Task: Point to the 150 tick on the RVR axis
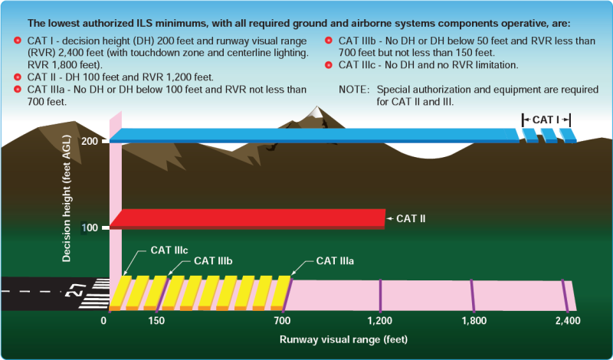point(156,320)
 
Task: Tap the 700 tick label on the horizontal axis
point(282,320)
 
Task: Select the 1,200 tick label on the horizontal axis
point(381,320)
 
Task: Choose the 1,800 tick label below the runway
point(474,320)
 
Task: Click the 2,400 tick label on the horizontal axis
point(567,320)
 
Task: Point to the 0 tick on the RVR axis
point(103,320)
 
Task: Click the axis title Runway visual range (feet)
point(343,339)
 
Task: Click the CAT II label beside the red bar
point(411,218)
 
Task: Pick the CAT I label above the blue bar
point(546,119)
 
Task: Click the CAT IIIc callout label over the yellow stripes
point(169,249)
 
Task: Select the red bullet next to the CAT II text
point(18,78)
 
